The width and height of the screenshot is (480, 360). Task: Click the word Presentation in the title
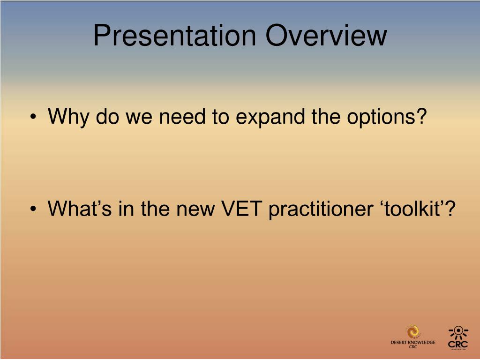coord(175,36)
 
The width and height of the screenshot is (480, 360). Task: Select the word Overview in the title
coord(326,36)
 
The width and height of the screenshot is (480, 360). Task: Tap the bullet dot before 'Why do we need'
coord(33,117)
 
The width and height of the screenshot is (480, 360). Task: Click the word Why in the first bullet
coord(68,117)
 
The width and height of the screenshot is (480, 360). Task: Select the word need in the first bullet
coord(182,116)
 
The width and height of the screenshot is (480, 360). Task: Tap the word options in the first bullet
coord(381,117)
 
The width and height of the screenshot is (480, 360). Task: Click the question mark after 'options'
coord(421,116)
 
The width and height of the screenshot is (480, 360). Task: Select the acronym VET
coord(241,208)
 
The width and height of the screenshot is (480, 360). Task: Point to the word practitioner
coord(321,210)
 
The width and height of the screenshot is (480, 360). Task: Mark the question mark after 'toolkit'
coord(450,208)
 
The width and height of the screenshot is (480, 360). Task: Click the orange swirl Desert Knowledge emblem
coord(413,331)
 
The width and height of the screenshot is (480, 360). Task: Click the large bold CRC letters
coord(458,344)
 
